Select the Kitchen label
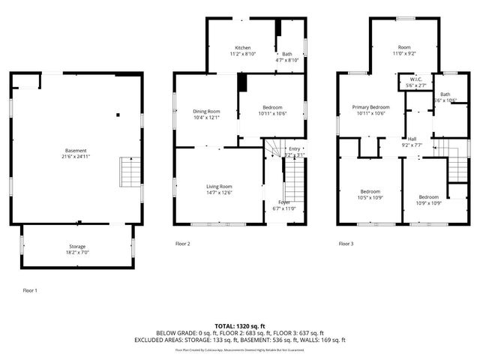click(242, 47)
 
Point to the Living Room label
click(220, 186)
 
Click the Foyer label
click(284, 202)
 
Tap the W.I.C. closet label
click(415, 80)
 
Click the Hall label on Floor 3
click(412, 138)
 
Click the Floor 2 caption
click(182, 244)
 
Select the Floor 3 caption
click(345, 244)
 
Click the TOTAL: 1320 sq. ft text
click(239, 325)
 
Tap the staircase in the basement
click(130, 172)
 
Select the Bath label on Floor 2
click(287, 54)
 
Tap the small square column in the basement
click(117, 115)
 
